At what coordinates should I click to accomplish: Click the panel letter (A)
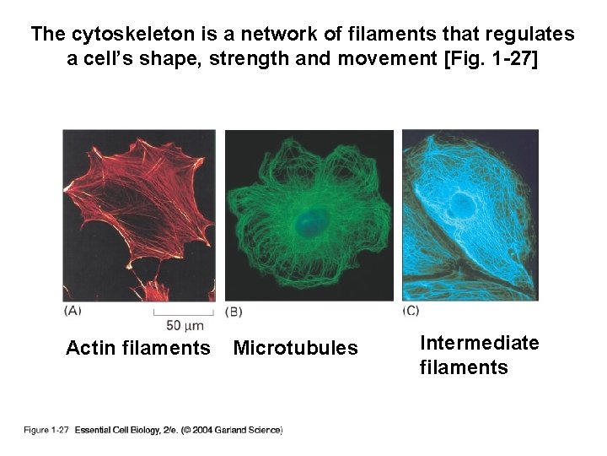coord(73,310)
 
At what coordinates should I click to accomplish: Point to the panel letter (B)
coord(234,311)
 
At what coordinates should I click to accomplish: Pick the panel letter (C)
coord(411,310)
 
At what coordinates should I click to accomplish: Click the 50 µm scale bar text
coord(184,325)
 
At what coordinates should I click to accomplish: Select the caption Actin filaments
coord(138,348)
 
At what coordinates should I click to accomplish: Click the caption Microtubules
coord(295,348)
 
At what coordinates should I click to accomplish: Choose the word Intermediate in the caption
coord(479,342)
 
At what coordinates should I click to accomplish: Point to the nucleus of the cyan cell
coord(462,204)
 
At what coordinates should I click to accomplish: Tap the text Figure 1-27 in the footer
coord(46,431)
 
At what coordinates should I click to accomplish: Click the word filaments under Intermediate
coord(464,367)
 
